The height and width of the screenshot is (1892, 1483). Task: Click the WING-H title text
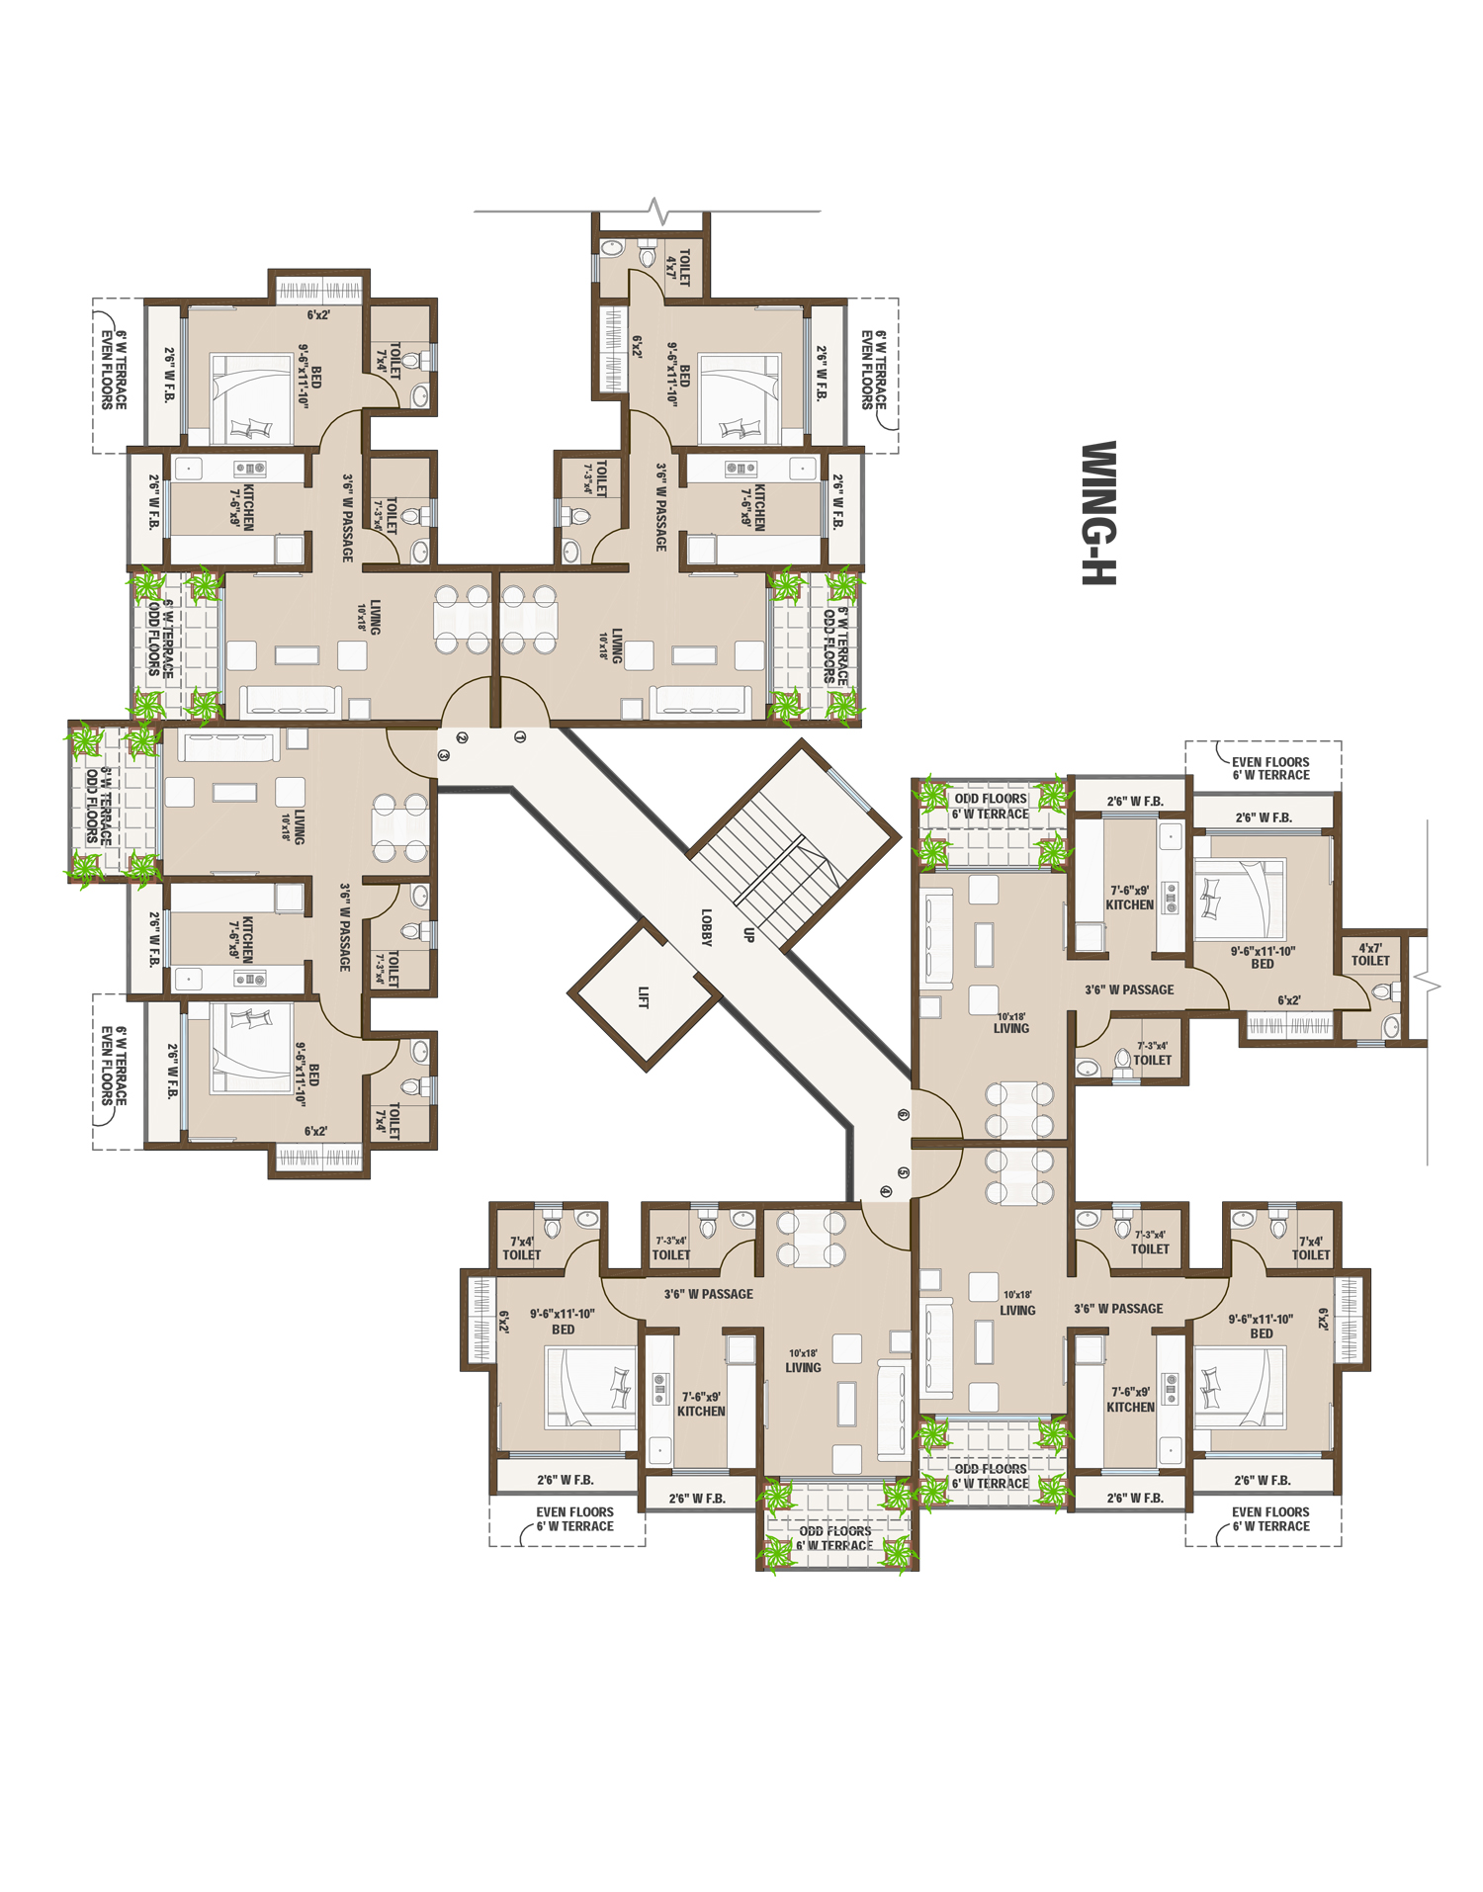[1098, 512]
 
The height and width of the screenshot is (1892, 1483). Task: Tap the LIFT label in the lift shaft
[644, 996]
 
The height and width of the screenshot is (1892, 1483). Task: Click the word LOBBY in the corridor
[706, 927]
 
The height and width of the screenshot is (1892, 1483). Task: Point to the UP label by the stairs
[748, 934]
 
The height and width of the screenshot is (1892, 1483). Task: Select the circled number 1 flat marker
[520, 736]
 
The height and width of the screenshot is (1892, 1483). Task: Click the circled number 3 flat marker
[444, 754]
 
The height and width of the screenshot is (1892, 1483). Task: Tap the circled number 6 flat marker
[903, 1114]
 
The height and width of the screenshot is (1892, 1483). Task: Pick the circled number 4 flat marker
[885, 1192]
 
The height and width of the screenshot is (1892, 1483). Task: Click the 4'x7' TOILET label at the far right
[1370, 954]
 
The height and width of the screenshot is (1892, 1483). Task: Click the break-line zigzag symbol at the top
[657, 211]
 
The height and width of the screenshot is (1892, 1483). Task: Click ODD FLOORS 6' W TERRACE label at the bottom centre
[835, 1538]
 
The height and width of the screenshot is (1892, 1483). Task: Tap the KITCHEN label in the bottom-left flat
[701, 1404]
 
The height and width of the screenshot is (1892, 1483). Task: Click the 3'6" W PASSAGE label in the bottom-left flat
[708, 1294]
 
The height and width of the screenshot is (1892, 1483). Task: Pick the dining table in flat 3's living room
[400, 827]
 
